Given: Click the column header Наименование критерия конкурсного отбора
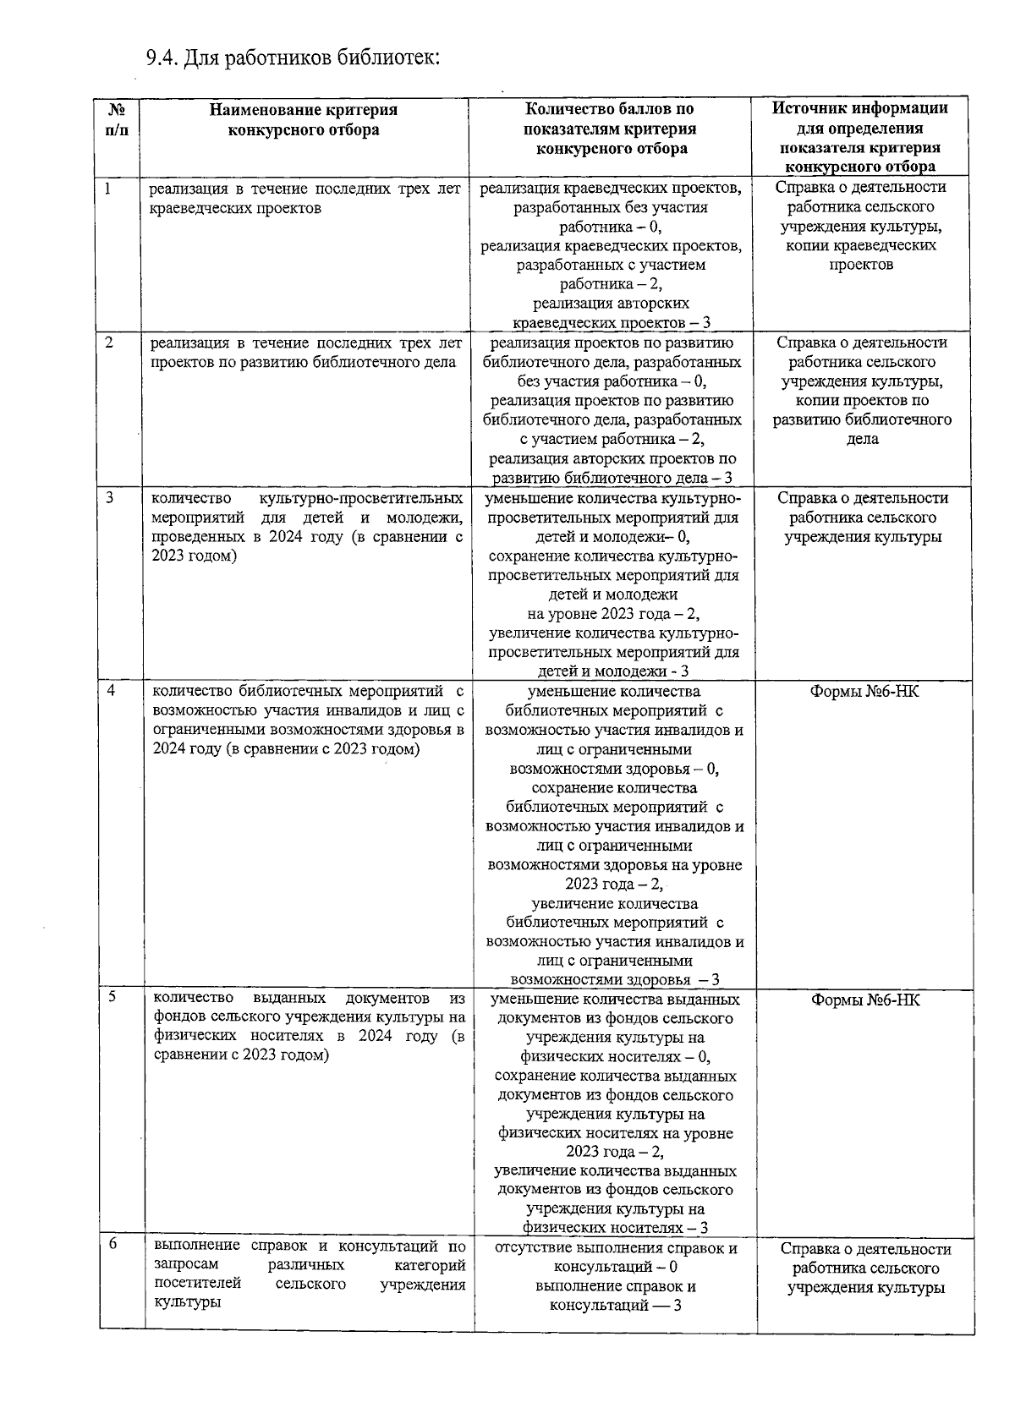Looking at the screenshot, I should click(x=304, y=119).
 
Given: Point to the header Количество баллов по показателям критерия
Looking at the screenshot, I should click(x=611, y=129).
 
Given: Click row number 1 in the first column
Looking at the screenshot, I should click(x=109, y=188).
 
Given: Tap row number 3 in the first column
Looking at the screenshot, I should click(x=110, y=498).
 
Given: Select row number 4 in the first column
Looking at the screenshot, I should click(x=111, y=691).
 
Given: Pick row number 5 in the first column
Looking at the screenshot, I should click(x=111, y=998).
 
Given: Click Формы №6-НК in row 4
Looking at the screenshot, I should click(x=864, y=692).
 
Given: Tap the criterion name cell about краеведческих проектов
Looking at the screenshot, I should click(x=305, y=198).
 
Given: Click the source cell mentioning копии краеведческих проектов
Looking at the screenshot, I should click(x=860, y=226).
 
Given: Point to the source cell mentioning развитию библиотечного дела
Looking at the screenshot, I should click(x=862, y=390).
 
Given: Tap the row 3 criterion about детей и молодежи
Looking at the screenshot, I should click(x=306, y=527).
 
